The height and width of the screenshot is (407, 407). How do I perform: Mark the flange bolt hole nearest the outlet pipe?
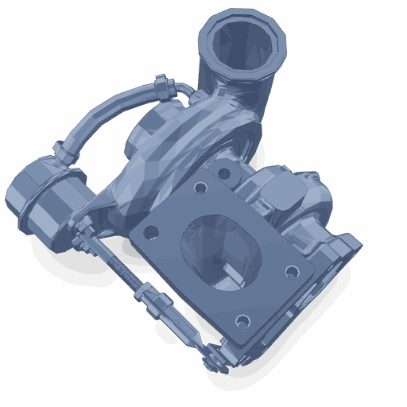tap(200, 188)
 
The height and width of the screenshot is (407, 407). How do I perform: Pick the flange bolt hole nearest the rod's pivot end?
tap(242, 321)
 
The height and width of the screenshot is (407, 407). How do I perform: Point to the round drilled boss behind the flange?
tap(226, 172)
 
